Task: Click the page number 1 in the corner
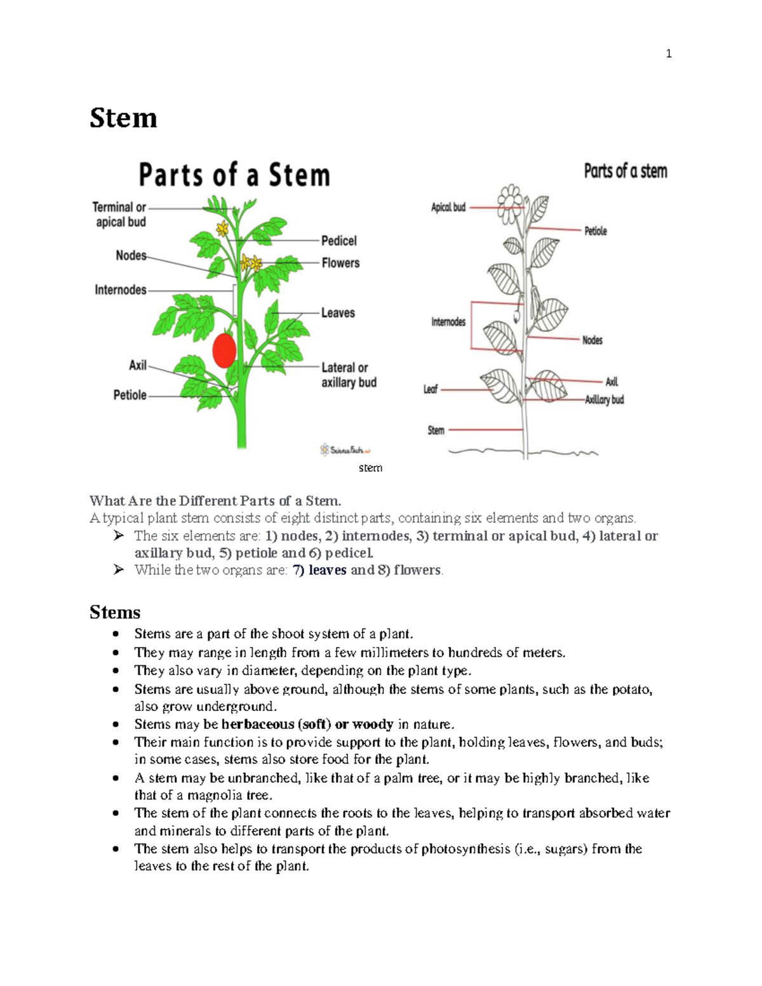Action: (x=668, y=54)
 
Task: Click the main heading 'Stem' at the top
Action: (x=123, y=118)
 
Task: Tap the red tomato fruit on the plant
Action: (x=224, y=350)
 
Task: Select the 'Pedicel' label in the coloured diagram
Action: (x=338, y=241)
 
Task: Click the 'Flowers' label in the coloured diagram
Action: (x=340, y=263)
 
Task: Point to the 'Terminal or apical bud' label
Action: (x=119, y=215)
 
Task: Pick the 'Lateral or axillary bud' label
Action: (x=349, y=375)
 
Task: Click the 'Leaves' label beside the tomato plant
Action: (x=338, y=313)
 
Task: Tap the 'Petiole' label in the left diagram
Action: (x=130, y=395)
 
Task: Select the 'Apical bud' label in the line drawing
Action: (x=448, y=207)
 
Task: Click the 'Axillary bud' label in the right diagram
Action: (x=604, y=399)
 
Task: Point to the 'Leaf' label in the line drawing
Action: (x=431, y=389)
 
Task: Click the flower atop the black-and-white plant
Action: (x=510, y=203)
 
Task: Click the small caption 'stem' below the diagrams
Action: (x=370, y=468)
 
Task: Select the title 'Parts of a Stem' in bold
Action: (x=234, y=175)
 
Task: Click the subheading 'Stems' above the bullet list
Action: (x=115, y=612)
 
